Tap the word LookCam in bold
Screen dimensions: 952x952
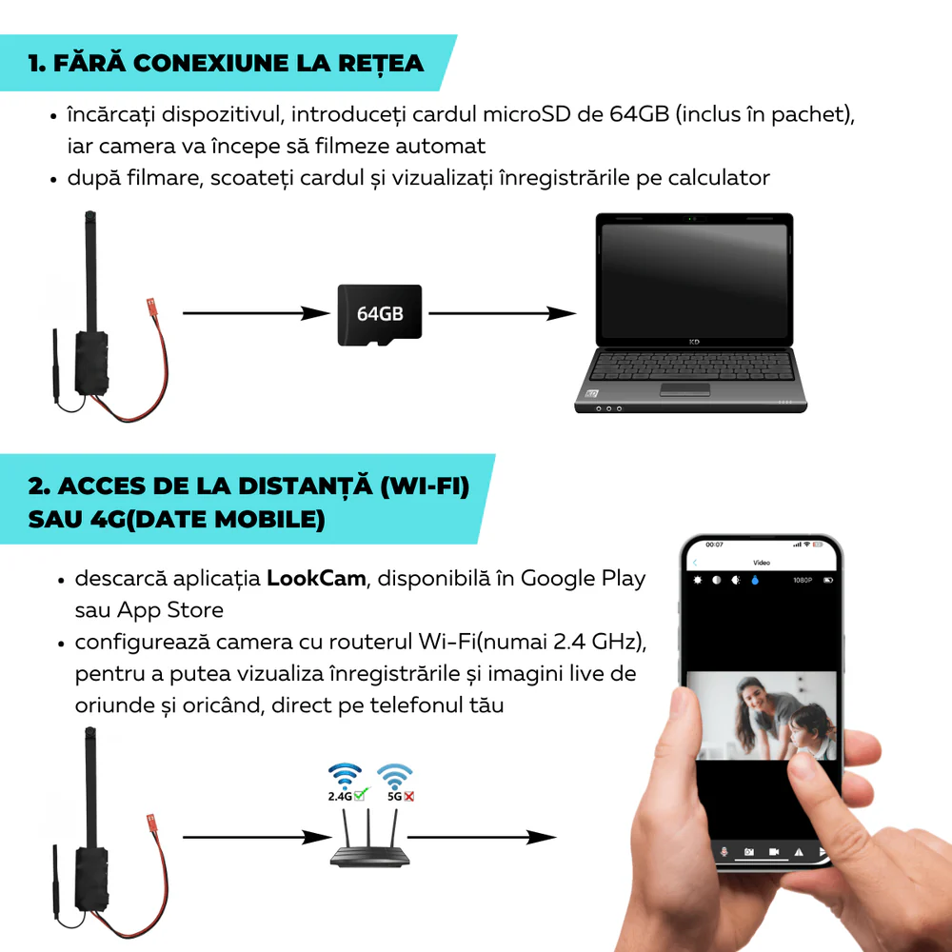[316, 579]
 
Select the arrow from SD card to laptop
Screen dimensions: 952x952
[503, 313]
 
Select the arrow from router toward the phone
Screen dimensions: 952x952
[481, 838]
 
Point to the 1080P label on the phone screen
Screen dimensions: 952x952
[802, 580]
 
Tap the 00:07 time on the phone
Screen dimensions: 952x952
[713, 545]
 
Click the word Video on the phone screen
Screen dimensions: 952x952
[762, 563]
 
